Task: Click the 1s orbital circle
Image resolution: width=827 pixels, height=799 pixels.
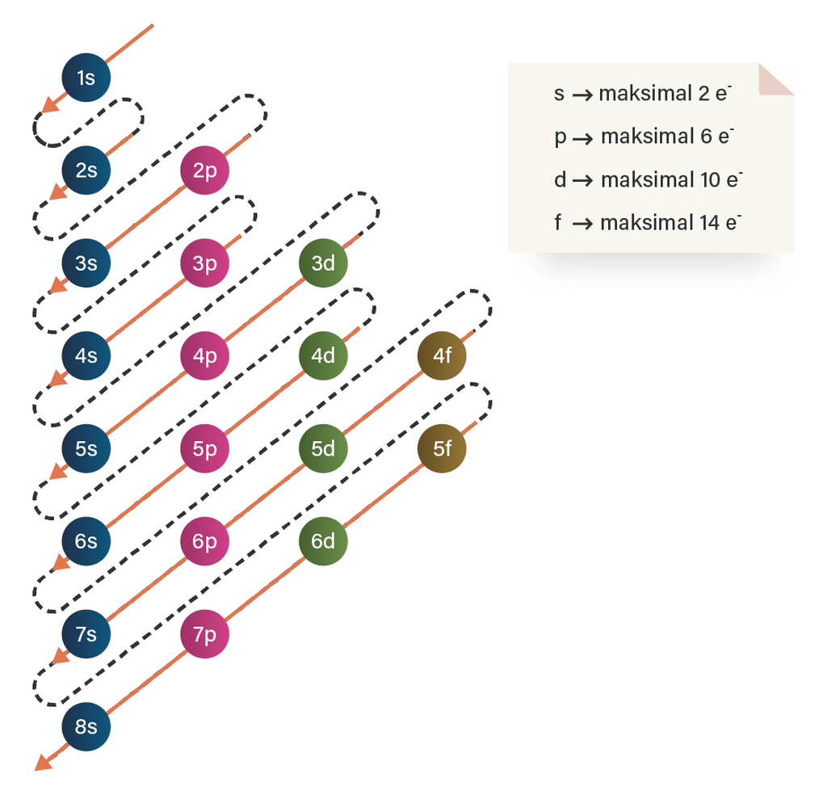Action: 86,78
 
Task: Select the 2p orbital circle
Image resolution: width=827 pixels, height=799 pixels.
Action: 204,170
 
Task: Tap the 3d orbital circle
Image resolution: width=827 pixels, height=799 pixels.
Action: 323,263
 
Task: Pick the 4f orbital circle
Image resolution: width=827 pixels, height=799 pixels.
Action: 442,355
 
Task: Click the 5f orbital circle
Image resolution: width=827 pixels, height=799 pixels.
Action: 442,448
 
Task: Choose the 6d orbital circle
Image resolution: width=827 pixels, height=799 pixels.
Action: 323,540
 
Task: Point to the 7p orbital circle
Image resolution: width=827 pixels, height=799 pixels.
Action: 204,634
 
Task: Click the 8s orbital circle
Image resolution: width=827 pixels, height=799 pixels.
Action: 86,726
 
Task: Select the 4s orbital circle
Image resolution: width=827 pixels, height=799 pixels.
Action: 86,355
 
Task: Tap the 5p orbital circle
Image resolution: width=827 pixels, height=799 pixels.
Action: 204,448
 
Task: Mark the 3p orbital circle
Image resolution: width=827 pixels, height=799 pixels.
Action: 204,263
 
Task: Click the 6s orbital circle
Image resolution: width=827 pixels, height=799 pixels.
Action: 86,540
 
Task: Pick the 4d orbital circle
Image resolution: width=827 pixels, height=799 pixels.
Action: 323,355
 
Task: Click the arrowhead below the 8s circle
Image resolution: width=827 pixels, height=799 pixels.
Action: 43,762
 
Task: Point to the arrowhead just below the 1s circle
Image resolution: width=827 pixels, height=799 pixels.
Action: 50,104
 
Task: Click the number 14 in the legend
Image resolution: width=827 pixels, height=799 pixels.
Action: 710,223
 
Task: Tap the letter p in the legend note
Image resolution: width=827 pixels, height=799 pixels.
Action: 560,137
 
